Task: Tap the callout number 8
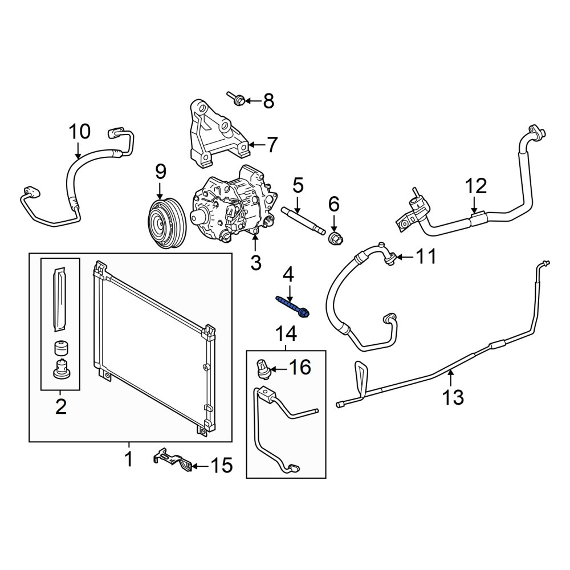(268, 101)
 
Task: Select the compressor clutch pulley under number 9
(168, 223)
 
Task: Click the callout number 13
(453, 397)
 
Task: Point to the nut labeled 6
(336, 239)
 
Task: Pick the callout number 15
(222, 465)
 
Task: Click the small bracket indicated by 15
(172, 460)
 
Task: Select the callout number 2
(61, 406)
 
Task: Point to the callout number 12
(476, 186)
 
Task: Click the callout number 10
(80, 132)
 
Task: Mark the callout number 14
(286, 333)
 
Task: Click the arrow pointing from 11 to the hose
(404, 258)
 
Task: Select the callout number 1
(129, 459)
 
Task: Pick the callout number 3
(256, 262)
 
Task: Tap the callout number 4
(288, 275)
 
